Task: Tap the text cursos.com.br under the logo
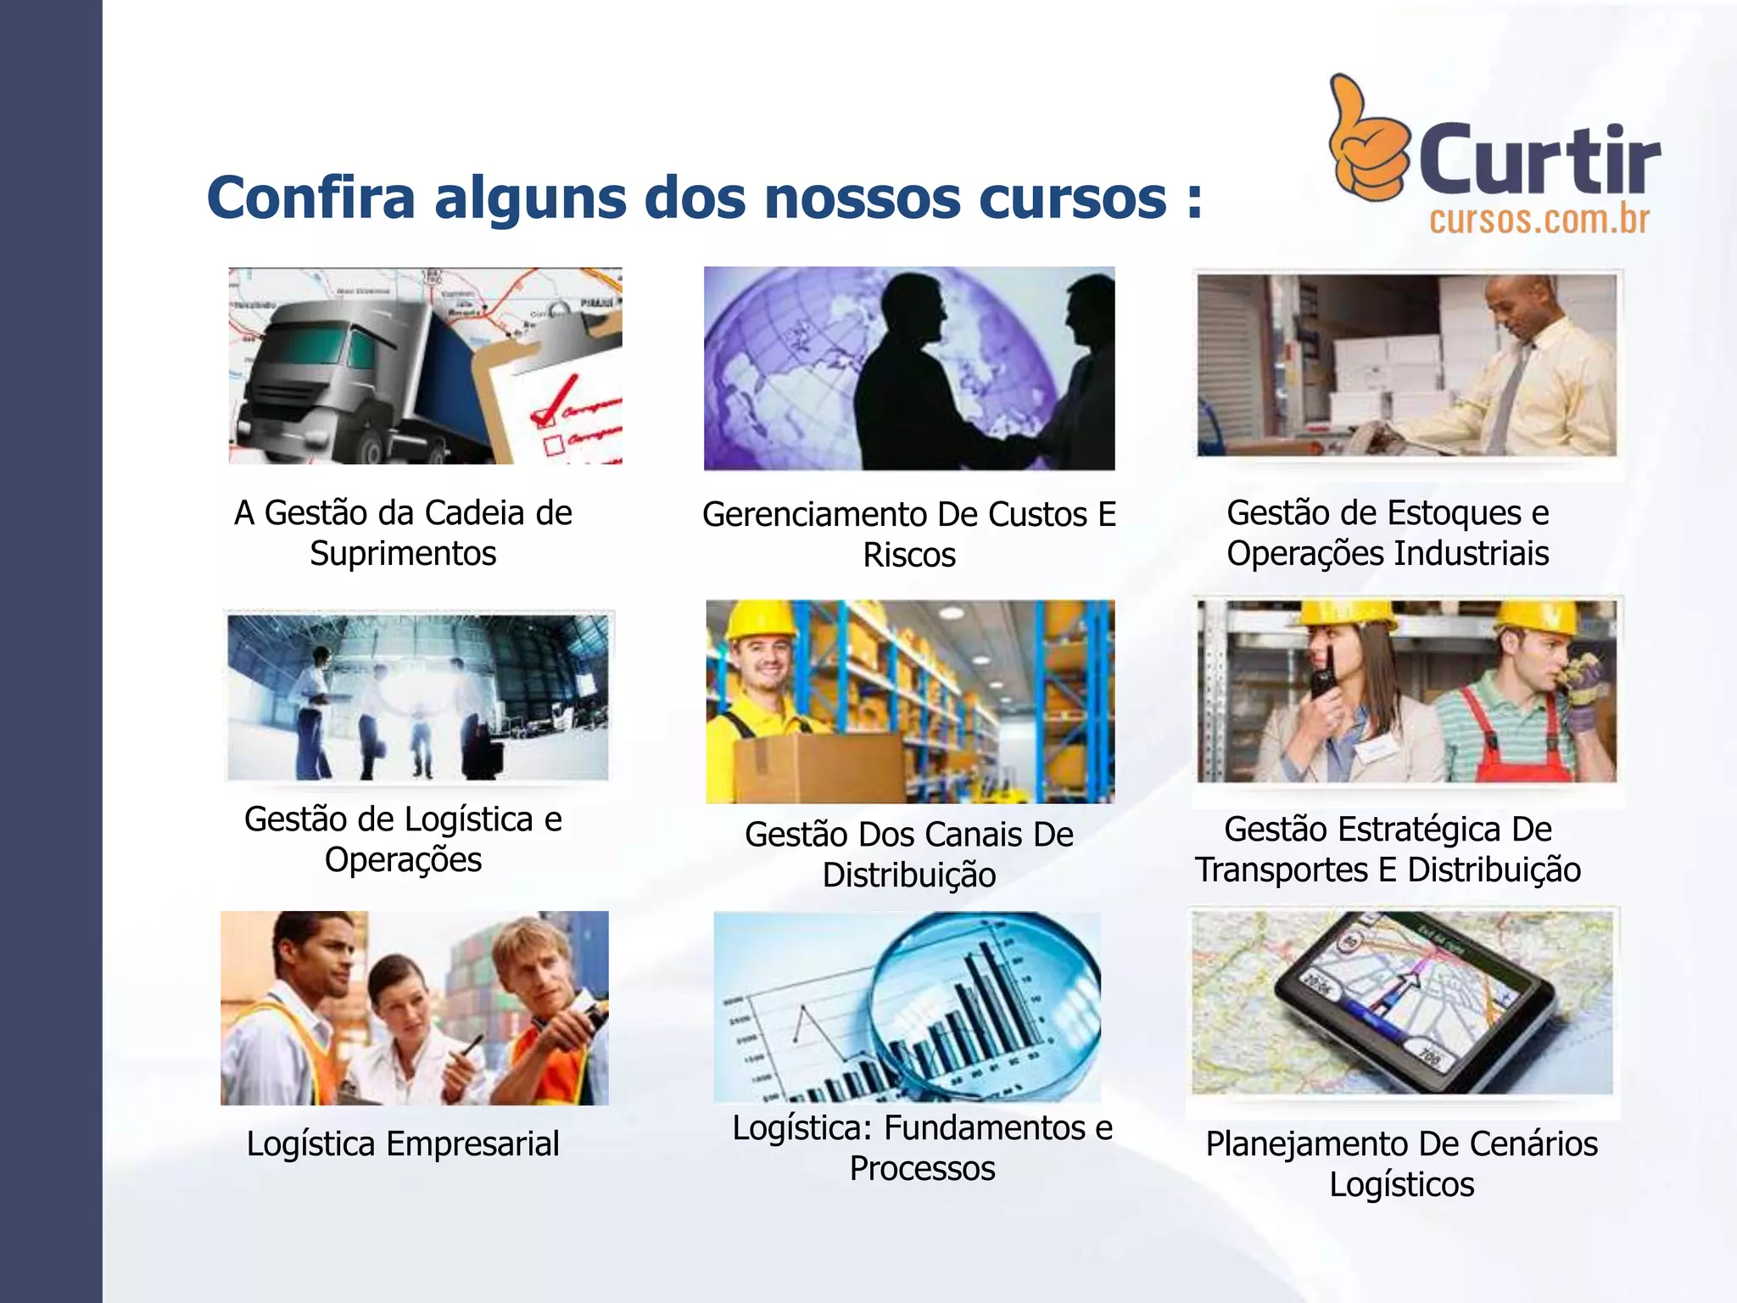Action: (1539, 221)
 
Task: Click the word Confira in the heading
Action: (310, 198)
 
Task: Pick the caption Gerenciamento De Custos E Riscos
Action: (909, 534)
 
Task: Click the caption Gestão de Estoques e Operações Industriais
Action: (1388, 533)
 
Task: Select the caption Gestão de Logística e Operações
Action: (404, 839)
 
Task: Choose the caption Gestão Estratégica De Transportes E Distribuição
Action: (1388, 849)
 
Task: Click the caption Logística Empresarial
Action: (403, 1144)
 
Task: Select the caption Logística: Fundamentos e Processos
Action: (922, 1148)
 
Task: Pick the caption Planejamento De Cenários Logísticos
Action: (1401, 1164)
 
